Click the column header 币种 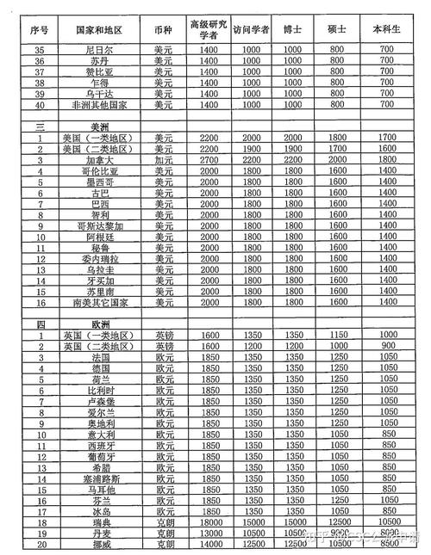(x=164, y=28)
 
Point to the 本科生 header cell (x=385, y=28)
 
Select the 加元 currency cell (x=164, y=160)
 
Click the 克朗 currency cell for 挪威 (x=164, y=544)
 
